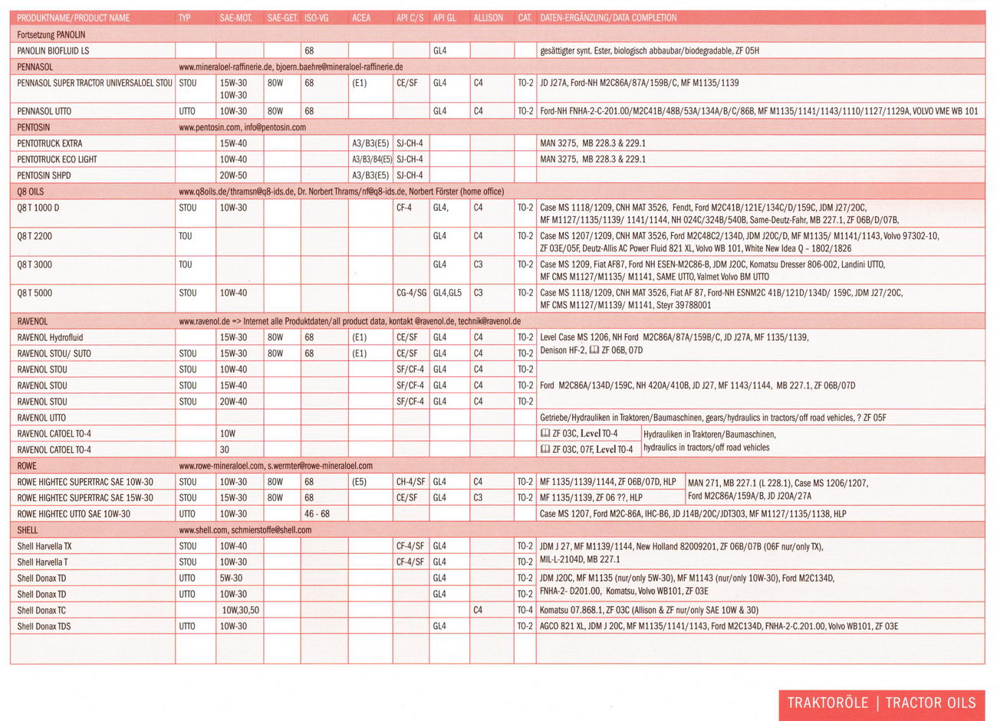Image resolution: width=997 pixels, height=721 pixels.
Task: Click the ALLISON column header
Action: click(x=488, y=18)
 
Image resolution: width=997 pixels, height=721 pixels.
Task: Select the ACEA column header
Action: click(x=360, y=18)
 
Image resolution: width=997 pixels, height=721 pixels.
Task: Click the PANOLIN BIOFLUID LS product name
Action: click(x=53, y=51)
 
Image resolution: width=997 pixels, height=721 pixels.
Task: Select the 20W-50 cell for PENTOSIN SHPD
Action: click(x=233, y=175)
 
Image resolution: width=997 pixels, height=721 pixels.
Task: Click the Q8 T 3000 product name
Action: click(x=35, y=264)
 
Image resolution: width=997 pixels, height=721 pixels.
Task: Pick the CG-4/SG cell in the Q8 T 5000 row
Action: click(x=411, y=293)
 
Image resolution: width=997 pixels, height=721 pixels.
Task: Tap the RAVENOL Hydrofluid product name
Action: click(x=50, y=337)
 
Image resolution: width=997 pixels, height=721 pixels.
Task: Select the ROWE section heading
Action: click(x=27, y=466)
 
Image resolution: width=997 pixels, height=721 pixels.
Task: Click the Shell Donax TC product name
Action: click(x=41, y=611)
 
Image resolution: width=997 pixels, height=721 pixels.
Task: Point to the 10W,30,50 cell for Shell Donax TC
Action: click(x=241, y=611)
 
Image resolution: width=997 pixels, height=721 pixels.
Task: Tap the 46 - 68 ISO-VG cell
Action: click(x=317, y=514)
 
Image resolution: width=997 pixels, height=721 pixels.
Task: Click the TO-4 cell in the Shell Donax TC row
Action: click(x=525, y=611)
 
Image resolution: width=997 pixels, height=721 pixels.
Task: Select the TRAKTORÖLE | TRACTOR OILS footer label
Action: click(x=881, y=703)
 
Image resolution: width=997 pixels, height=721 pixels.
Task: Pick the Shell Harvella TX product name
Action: click(x=44, y=546)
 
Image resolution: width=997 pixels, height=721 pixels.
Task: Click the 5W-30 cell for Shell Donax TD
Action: click(x=231, y=578)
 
